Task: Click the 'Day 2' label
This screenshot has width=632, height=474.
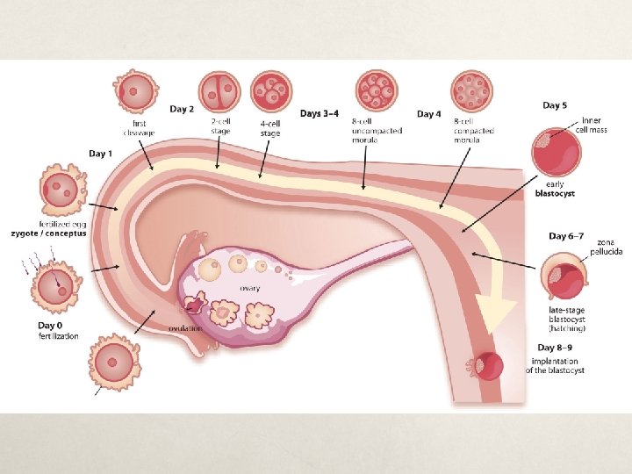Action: (x=183, y=109)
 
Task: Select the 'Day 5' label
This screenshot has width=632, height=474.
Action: (x=554, y=105)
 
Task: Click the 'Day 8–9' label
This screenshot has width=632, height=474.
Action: (x=550, y=350)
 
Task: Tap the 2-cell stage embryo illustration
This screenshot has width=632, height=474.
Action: (x=219, y=90)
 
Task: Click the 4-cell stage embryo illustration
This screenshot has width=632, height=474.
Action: (x=270, y=91)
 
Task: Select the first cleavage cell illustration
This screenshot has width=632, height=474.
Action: (x=135, y=90)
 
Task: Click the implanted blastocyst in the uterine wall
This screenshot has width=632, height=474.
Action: (x=487, y=366)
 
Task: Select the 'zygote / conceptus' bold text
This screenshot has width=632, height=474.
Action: (x=48, y=234)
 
